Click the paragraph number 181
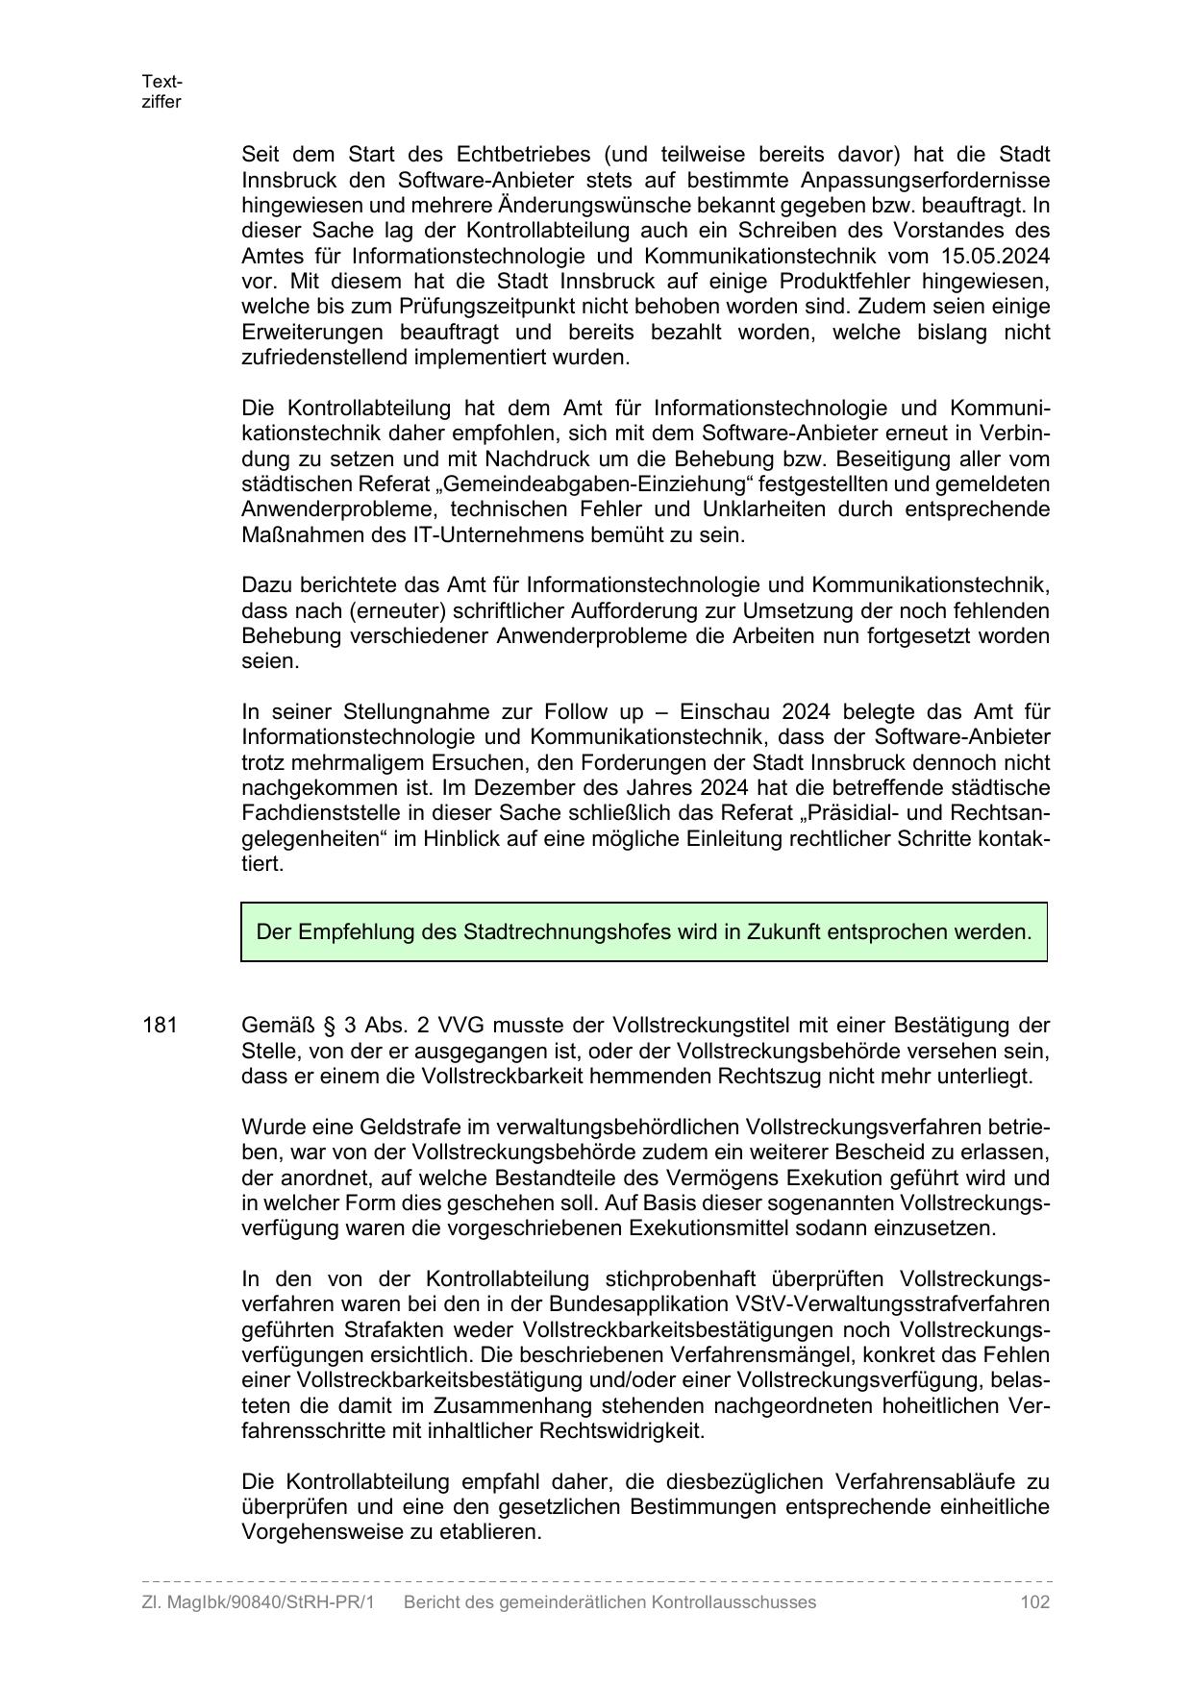click(x=160, y=1025)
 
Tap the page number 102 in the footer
click(x=1034, y=1601)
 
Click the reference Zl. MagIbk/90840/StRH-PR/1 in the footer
click(x=258, y=1601)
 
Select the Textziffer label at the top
click(x=162, y=91)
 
